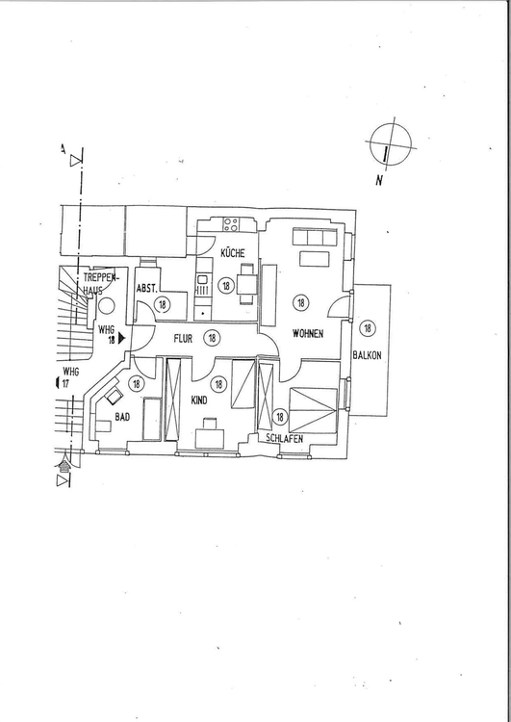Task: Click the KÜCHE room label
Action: [233, 253]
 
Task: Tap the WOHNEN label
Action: [308, 334]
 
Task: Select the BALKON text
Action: [367, 355]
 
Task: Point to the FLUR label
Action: [183, 339]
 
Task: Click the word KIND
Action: [199, 400]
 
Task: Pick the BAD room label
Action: [122, 417]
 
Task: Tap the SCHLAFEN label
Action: [285, 439]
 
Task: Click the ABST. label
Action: [147, 289]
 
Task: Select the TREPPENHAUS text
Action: [100, 284]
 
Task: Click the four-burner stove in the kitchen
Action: [231, 224]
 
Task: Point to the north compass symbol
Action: [392, 143]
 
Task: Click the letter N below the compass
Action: [379, 180]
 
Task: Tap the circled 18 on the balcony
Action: [368, 328]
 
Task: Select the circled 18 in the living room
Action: [301, 303]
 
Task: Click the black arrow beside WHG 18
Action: [121, 339]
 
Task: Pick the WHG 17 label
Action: [69, 377]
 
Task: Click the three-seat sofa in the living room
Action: [313, 237]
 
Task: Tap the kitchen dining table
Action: [246, 285]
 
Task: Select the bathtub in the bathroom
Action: [152, 419]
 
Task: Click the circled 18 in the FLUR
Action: [213, 338]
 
